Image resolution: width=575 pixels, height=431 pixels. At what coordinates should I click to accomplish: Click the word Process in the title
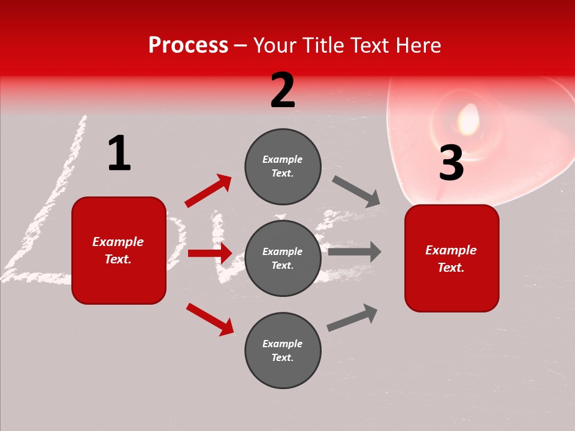click(x=188, y=45)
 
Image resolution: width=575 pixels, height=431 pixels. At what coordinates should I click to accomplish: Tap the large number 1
click(x=119, y=154)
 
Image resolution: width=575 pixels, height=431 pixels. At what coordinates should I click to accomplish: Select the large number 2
click(x=283, y=90)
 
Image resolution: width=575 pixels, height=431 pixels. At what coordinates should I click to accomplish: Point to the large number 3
click(x=451, y=163)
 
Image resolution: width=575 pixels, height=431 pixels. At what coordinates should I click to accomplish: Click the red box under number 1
click(x=119, y=250)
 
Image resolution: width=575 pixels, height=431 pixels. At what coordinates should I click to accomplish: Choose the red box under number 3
click(x=452, y=258)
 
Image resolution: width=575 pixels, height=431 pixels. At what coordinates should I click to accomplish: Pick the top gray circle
click(x=283, y=166)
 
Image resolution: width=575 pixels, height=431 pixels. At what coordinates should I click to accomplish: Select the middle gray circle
click(x=283, y=258)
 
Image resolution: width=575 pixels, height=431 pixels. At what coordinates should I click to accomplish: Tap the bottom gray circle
click(x=283, y=350)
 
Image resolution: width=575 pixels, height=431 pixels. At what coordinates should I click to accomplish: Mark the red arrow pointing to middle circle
click(x=210, y=253)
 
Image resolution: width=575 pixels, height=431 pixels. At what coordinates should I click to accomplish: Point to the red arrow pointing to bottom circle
click(x=210, y=319)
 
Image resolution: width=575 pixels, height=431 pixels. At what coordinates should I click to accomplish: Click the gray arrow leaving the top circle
click(x=356, y=192)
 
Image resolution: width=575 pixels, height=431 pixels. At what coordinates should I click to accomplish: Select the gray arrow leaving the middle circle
click(x=355, y=252)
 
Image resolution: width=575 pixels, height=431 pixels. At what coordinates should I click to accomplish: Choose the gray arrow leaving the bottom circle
click(x=352, y=317)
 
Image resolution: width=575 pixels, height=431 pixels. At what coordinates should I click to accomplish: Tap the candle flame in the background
click(x=468, y=118)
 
